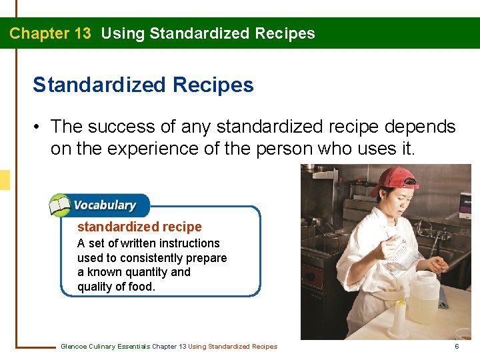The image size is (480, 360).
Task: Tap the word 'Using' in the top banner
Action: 123,33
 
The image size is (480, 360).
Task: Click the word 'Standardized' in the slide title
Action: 99,85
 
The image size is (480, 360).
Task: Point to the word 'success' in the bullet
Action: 119,127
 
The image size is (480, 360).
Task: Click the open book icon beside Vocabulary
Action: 59,205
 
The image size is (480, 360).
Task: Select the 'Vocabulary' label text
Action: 104,205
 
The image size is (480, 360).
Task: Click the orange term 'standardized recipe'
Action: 139,227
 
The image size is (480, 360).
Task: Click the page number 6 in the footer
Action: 457,346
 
